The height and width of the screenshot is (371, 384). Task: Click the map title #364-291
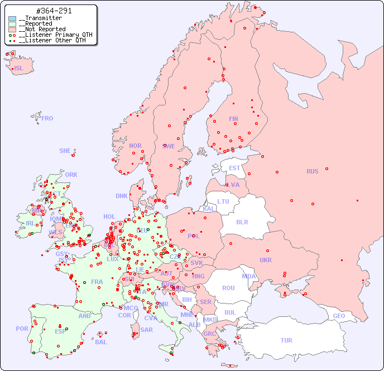53,11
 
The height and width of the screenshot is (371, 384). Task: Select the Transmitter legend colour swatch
12,18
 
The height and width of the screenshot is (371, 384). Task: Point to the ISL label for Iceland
19,69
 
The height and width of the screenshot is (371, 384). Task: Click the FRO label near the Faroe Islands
47,118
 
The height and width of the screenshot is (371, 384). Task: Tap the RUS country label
312,171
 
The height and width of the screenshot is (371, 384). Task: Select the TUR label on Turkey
286,340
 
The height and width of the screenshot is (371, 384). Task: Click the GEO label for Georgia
339,316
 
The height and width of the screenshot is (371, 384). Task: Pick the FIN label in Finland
233,119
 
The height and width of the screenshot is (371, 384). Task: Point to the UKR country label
266,260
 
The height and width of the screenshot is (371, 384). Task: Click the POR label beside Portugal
22,329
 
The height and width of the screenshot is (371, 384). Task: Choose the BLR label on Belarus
242,221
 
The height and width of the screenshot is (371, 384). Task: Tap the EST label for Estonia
234,168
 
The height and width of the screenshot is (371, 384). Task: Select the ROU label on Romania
228,288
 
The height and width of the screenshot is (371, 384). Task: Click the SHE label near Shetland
65,151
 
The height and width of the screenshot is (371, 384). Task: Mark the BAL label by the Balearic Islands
101,342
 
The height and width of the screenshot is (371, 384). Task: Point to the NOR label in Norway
135,146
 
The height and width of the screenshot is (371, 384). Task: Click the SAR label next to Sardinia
147,330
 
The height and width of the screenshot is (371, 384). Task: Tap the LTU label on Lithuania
223,201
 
